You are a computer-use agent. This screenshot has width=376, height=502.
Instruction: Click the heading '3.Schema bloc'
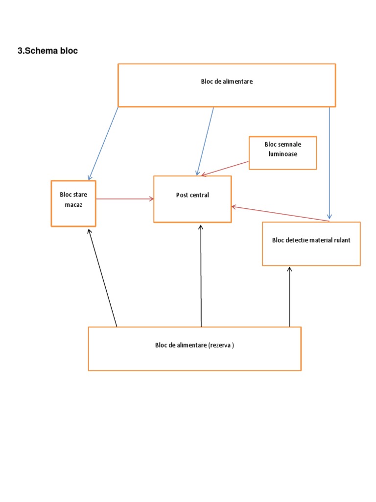click(47, 51)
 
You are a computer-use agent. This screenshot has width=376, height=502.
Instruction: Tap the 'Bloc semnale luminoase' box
click(282, 153)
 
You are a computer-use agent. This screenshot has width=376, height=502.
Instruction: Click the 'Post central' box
click(192, 199)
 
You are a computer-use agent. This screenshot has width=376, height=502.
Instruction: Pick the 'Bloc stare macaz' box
click(73, 203)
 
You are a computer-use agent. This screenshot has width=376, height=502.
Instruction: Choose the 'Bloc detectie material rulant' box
click(311, 244)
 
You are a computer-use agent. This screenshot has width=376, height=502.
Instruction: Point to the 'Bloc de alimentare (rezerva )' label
click(194, 345)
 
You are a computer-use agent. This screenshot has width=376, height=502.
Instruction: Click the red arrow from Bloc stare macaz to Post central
click(125, 199)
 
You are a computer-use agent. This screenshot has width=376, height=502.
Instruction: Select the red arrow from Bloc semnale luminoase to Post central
click(225, 168)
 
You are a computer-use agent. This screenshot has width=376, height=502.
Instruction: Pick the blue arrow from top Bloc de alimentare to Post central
click(205, 141)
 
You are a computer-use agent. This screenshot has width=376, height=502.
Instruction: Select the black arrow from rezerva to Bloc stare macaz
click(102, 277)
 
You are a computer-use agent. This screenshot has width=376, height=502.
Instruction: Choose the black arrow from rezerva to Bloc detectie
click(289, 297)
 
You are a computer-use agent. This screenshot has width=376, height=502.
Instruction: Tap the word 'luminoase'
click(282, 154)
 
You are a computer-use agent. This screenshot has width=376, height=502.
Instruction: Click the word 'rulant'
click(341, 240)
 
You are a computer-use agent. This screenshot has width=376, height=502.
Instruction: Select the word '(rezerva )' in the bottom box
click(221, 345)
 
